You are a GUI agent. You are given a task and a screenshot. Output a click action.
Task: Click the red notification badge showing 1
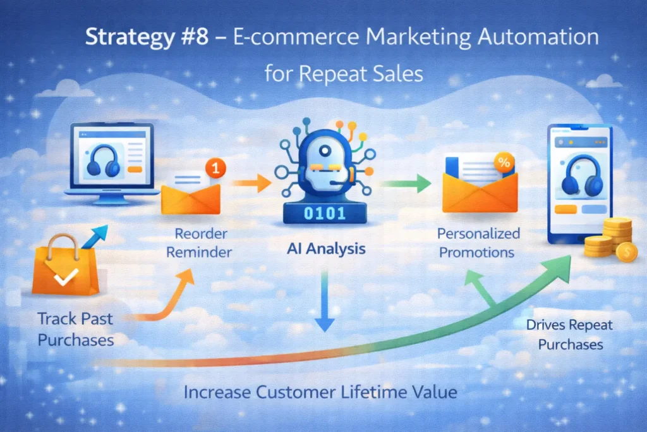pos(216,169)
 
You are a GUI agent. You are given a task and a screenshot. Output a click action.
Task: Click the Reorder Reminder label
pos(202,244)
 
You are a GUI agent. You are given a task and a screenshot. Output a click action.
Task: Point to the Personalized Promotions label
pos(479,244)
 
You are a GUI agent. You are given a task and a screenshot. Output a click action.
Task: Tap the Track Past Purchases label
pos(76,329)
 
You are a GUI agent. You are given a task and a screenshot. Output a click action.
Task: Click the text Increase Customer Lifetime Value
pos(320,392)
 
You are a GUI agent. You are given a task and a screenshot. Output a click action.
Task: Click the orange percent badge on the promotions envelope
pos(504,162)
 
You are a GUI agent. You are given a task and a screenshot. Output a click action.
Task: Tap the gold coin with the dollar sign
pos(626,252)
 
